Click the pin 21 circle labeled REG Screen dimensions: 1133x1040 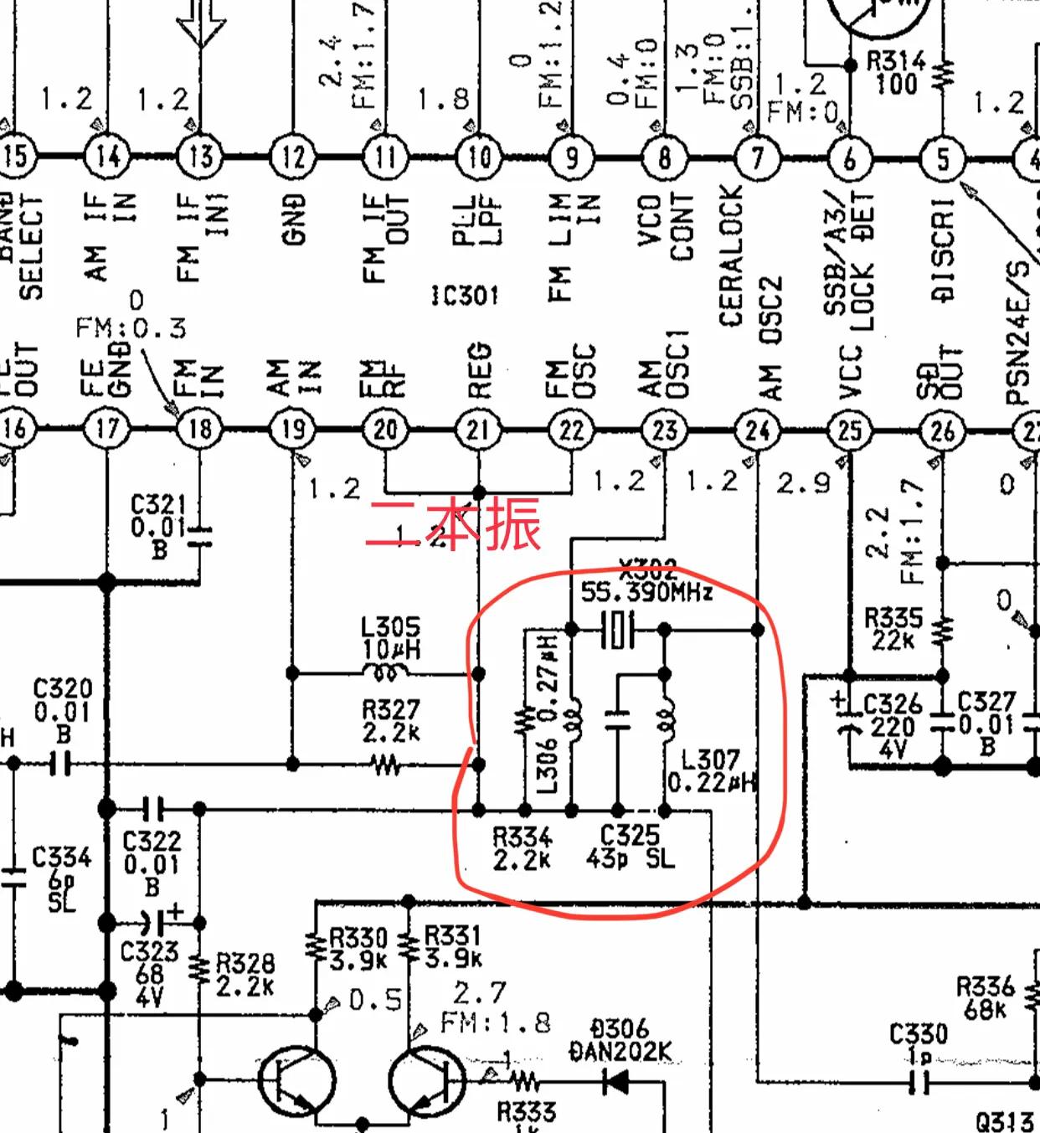point(478,430)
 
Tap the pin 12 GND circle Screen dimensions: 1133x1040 point(293,157)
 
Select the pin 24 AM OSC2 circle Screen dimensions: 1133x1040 point(757,430)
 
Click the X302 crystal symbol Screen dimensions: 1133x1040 point(618,629)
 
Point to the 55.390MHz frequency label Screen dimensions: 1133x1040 point(646,593)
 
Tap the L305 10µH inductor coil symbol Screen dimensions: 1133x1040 point(384,672)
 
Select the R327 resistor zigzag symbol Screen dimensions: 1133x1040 point(386,764)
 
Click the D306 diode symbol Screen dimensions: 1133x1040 point(616,1082)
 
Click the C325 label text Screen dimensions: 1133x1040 point(630,835)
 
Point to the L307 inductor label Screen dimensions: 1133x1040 point(710,760)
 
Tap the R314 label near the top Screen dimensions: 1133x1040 point(896,60)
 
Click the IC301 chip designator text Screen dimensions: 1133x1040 point(464,296)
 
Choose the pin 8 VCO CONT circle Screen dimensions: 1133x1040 point(664,157)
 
